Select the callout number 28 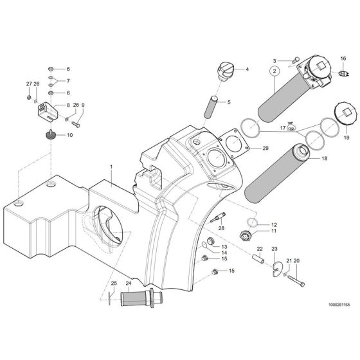(221, 228)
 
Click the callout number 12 (274, 224)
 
